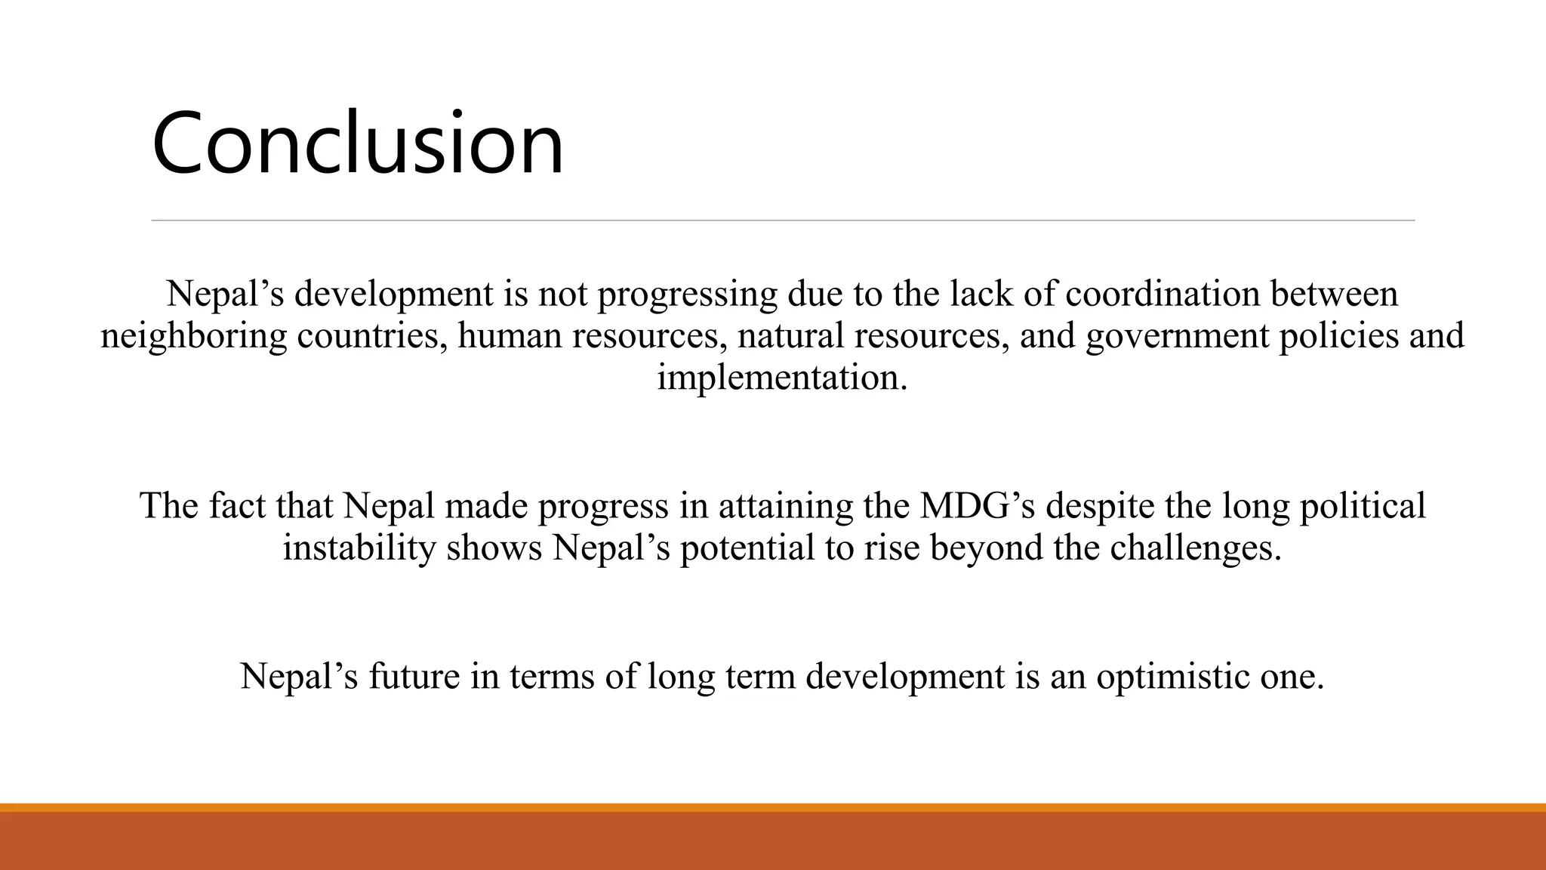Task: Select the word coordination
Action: click(1163, 294)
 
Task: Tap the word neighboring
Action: click(193, 336)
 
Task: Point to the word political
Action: click(1362, 506)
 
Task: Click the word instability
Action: click(359, 548)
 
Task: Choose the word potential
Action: click(747, 548)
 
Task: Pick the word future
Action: click(414, 676)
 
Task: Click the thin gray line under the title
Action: click(783, 221)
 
